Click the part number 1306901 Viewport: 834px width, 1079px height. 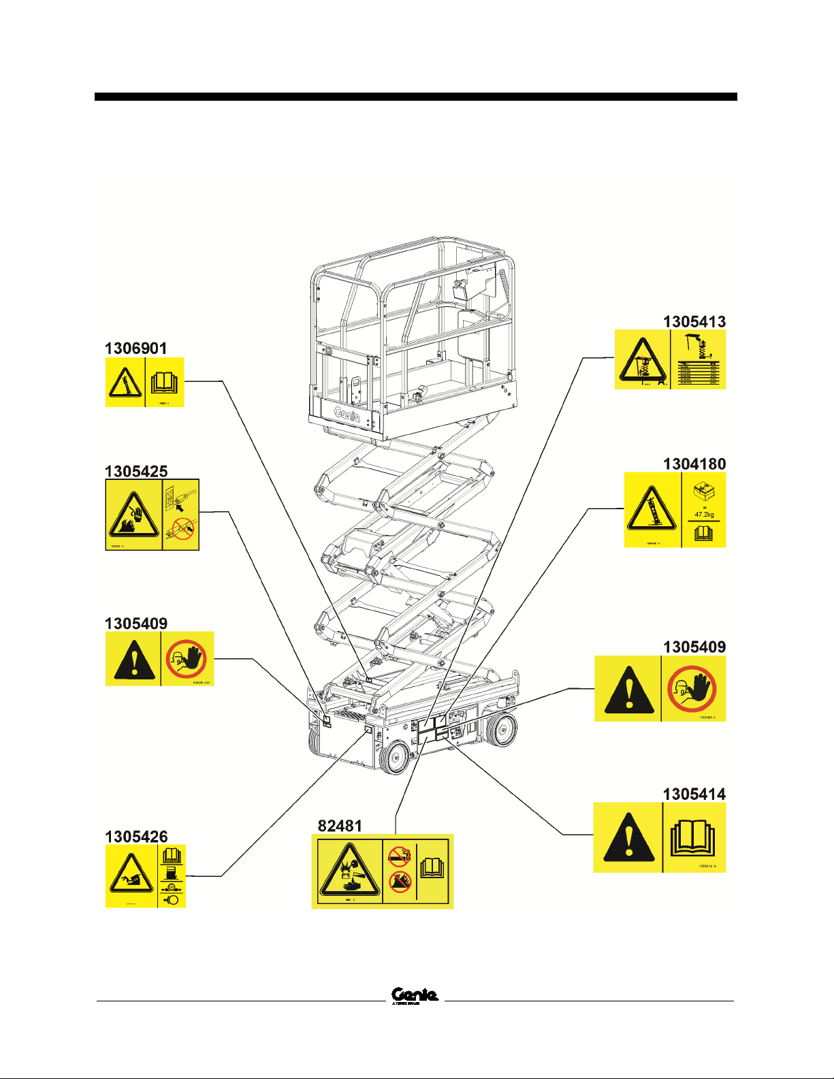click(x=135, y=349)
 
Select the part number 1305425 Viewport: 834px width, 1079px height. click(x=136, y=471)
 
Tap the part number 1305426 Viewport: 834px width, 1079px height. click(x=136, y=837)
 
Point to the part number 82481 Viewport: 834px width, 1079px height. click(x=340, y=826)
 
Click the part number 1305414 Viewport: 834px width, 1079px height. click(x=694, y=794)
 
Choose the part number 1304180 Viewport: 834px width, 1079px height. click(x=694, y=464)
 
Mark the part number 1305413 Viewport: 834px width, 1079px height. click(x=694, y=321)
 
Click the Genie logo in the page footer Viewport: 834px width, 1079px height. click(x=415, y=995)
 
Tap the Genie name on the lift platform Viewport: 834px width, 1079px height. click(x=347, y=414)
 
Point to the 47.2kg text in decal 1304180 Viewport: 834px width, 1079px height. click(x=704, y=515)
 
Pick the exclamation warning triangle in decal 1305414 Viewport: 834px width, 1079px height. click(x=629, y=838)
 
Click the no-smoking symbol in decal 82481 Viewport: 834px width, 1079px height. click(x=399, y=855)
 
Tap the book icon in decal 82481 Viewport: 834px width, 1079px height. click(x=432, y=867)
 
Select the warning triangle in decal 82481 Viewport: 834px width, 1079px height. click(x=347, y=871)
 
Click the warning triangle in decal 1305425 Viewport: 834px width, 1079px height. click(x=134, y=515)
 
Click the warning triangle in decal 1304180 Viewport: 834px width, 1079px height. click(x=652, y=509)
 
